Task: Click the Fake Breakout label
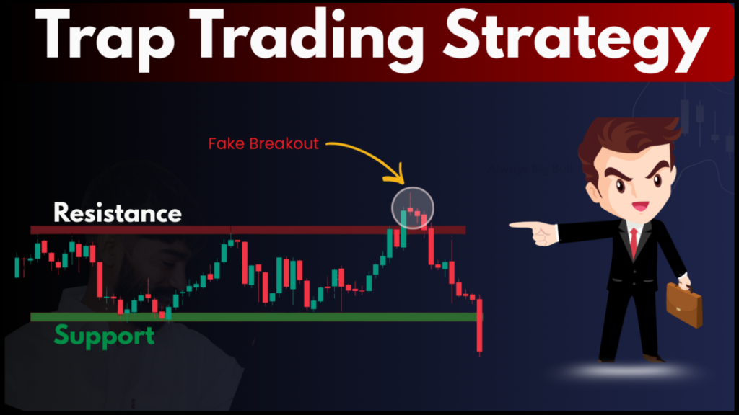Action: click(263, 143)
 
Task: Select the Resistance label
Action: click(118, 213)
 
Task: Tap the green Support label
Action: click(104, 336)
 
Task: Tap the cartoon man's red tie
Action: click(633, 241)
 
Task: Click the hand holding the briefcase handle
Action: click(683, 280)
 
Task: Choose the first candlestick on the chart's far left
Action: click(17, 266)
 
